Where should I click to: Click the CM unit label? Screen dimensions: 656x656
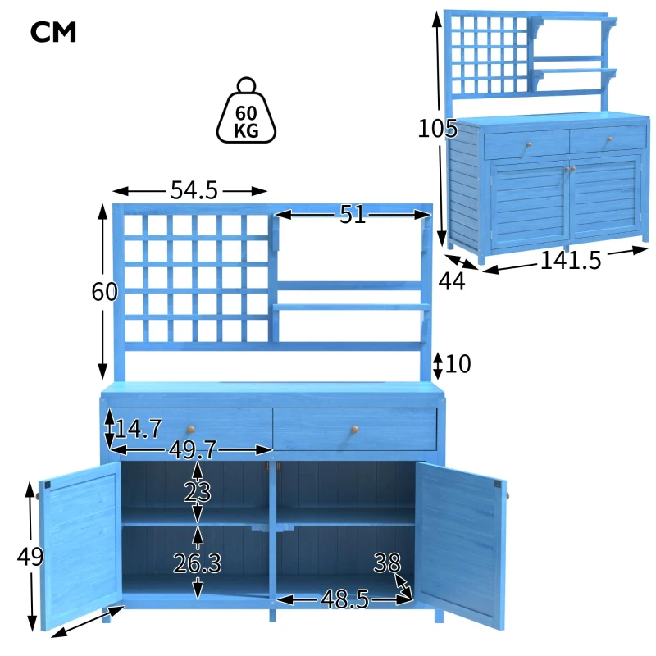pyautogui.click(x=53, y=32)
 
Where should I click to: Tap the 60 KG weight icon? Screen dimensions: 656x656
pyautogui.click(x=246, y=110)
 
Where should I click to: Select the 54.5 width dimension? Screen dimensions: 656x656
pyautogui.click(x=194, y=190)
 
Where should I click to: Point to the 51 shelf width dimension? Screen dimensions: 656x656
pyautogui.click(x=352, y=215)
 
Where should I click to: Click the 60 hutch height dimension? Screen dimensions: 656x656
pyautogui.click(x=105, y=292)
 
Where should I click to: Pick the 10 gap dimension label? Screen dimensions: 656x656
pyautogui.click(x=458, y=364)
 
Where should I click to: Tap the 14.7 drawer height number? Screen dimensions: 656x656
pyautogui.click(x=138, y=429)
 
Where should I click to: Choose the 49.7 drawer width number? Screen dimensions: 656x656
pyautogui.click(x=193, y=450)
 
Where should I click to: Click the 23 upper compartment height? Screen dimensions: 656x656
pyautogui.click(x=197, y=493)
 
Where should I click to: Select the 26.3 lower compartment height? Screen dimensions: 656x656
pyautogui.click(x=197, y=563)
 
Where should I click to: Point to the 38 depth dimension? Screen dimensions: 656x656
pyautogui.click(x=387, y=563)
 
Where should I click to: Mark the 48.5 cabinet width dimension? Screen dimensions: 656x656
pyautogui.click(x=344, y=599)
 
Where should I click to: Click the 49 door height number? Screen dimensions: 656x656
pyautogui.click(x=30, y=557)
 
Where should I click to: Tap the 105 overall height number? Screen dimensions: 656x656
pyautogui.click(x=438, y=129)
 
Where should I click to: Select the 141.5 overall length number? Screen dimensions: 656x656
pyautogui.click(x=571, y=260)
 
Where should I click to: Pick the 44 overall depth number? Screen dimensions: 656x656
pyautogui.click(x=452, y=281)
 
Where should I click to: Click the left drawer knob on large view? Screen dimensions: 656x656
pyautogui.click(x=191, y=430)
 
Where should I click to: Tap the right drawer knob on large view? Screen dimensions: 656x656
pyautogui.click(x=355, y=430)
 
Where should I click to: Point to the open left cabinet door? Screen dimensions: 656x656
pyautogui.click(x=80, y=546)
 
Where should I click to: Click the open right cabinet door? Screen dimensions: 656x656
pyautogui.click(x=461, y=546)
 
